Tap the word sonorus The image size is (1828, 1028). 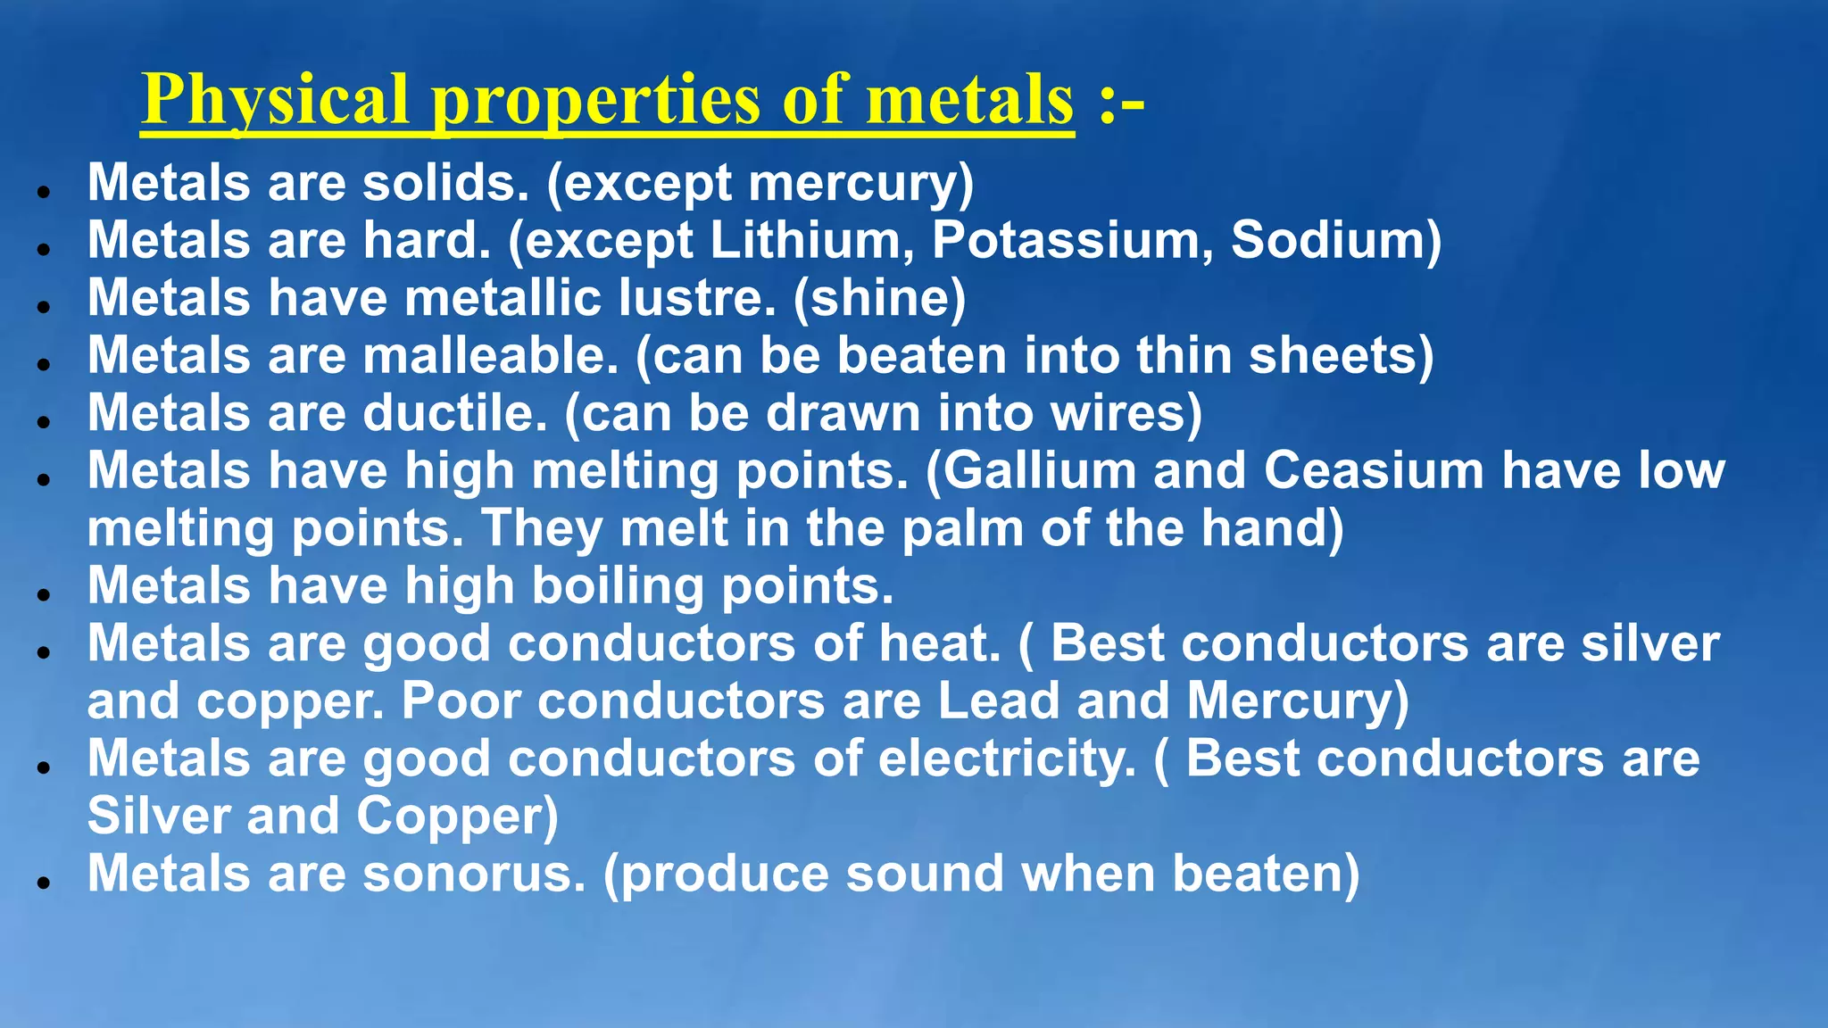[x=474, y=874]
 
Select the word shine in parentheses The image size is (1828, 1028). [x=879, y=298]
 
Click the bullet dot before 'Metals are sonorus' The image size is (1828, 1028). [x=43, y=883]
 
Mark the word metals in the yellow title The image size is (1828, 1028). [x=969, y=100]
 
